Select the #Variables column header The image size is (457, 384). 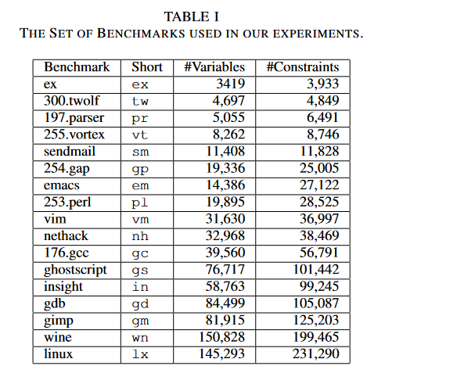[214, 67]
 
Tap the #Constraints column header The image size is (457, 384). [303, 67]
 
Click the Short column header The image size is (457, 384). [147, 67]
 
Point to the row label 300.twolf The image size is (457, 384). [72, 101]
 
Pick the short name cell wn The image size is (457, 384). [140, 338]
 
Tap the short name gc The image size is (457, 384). [140, 253]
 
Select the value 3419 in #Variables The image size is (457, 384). [229, 84]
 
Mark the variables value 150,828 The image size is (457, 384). [223, 337]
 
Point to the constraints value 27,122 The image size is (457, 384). [321, 185]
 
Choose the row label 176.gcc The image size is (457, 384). [67, 253]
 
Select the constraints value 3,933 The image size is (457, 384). [323, 84]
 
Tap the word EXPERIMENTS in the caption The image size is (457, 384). [317, 34]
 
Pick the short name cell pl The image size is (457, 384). [140, 203]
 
